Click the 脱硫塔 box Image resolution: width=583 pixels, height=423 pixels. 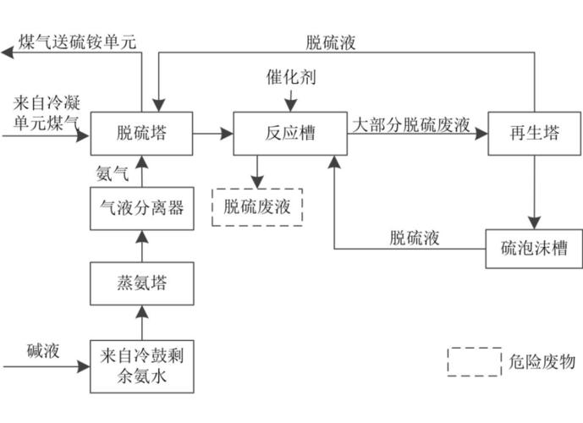click(141, 135)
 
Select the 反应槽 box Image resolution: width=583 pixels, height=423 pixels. click(285, 135)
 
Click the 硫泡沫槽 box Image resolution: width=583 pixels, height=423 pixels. click(532, 249)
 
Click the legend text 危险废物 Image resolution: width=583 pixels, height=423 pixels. click(543, 361)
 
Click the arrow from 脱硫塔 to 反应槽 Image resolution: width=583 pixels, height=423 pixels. click(213, 134)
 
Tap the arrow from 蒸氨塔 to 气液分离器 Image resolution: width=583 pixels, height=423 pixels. click(141, 248)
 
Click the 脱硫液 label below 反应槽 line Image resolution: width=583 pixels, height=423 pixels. click(414, 238)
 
